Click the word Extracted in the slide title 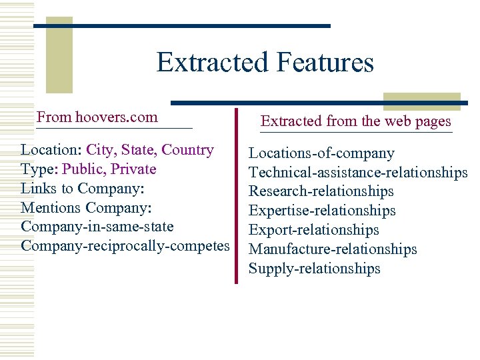click(211, 63)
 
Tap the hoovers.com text click(117, 117)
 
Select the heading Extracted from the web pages click(356, 121)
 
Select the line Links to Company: click(83, 188)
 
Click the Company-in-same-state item click(97, 227)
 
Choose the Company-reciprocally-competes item click(125, 245)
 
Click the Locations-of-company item click(321, 153)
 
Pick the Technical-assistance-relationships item click(358, 173)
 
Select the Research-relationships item click(321, 191)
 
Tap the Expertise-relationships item click(322, 211)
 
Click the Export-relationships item click(314, 230)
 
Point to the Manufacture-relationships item click(333, 249)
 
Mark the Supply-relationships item click(315, 269)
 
